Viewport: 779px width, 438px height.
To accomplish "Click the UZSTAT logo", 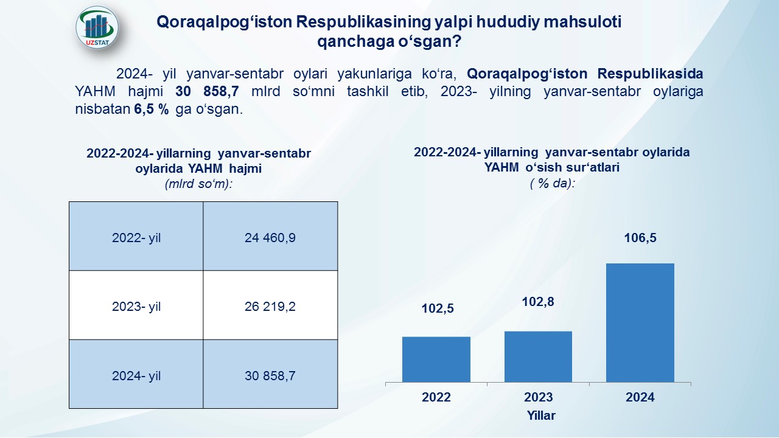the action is pyautogui.click(x=97, y=27).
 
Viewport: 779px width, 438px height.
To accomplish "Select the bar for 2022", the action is pyautogui.click(x=436, y=360).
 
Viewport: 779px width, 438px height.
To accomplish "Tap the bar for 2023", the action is pyautogui.click(x=538, y=356).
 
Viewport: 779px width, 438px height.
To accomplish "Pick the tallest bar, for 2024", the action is pyautogui.click(x=640, y=322).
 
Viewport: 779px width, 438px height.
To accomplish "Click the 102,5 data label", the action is pyautogui.click(x=438, y=308).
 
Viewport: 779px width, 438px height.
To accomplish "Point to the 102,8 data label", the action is pyautogui.click(x=538, y=302).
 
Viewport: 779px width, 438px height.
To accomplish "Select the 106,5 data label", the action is pyautogui.click(x=640, y=238).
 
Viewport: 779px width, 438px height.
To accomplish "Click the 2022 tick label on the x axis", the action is pyautogui.click(x=436, y=397).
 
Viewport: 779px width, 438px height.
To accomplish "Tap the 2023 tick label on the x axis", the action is pyautogui.click(x=539, y=397).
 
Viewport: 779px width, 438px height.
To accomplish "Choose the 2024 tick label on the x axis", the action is pyautogui.click(x=640, y=397).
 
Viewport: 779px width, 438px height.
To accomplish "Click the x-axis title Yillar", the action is pyautogui.click(x=541, y=415).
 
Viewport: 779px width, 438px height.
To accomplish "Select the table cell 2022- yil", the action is pyautogui.click(x=136, y=236).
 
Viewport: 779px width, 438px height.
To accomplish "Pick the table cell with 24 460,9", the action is pyautogui.click(x=270, y=236).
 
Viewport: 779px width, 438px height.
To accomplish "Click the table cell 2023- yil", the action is pyautogui.click(x=136, y=305).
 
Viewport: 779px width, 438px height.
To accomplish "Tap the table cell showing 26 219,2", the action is pyautogui.click(x=270, y=305).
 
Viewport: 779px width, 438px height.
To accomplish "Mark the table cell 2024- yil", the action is pyautogui.click(x=136, y=374).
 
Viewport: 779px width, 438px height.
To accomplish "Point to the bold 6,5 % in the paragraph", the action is pyautogui.click(x=152, y=109).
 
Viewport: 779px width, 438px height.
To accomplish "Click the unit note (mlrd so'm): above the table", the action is pyautogui.click(x=198, y=184).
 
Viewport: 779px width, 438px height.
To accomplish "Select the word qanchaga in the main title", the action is pyautogui.click(x=355, y=41).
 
